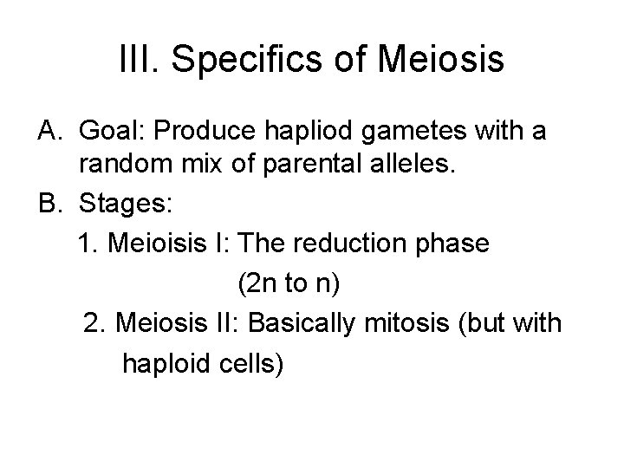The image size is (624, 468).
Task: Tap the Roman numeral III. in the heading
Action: tap(138, 61)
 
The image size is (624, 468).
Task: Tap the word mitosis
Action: tap(412, 322)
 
